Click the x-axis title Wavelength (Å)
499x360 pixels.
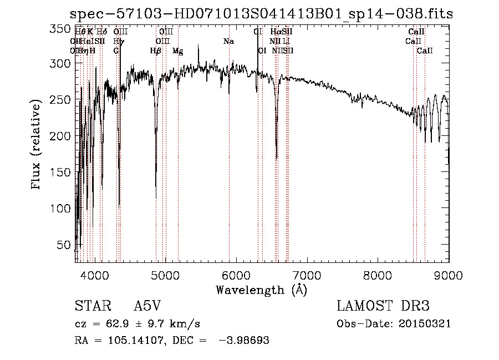[261, 290]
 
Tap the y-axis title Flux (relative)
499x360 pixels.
[37, 145]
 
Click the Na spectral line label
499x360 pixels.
[228, 42]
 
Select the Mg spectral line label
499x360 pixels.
[177, 51]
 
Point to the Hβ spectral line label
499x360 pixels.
[156, 51]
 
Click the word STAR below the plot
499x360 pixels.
[90, 306]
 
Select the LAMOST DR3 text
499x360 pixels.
[383, 306]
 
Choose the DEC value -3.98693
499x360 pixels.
[245, 341]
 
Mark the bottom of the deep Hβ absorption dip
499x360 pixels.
[156, 197]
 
